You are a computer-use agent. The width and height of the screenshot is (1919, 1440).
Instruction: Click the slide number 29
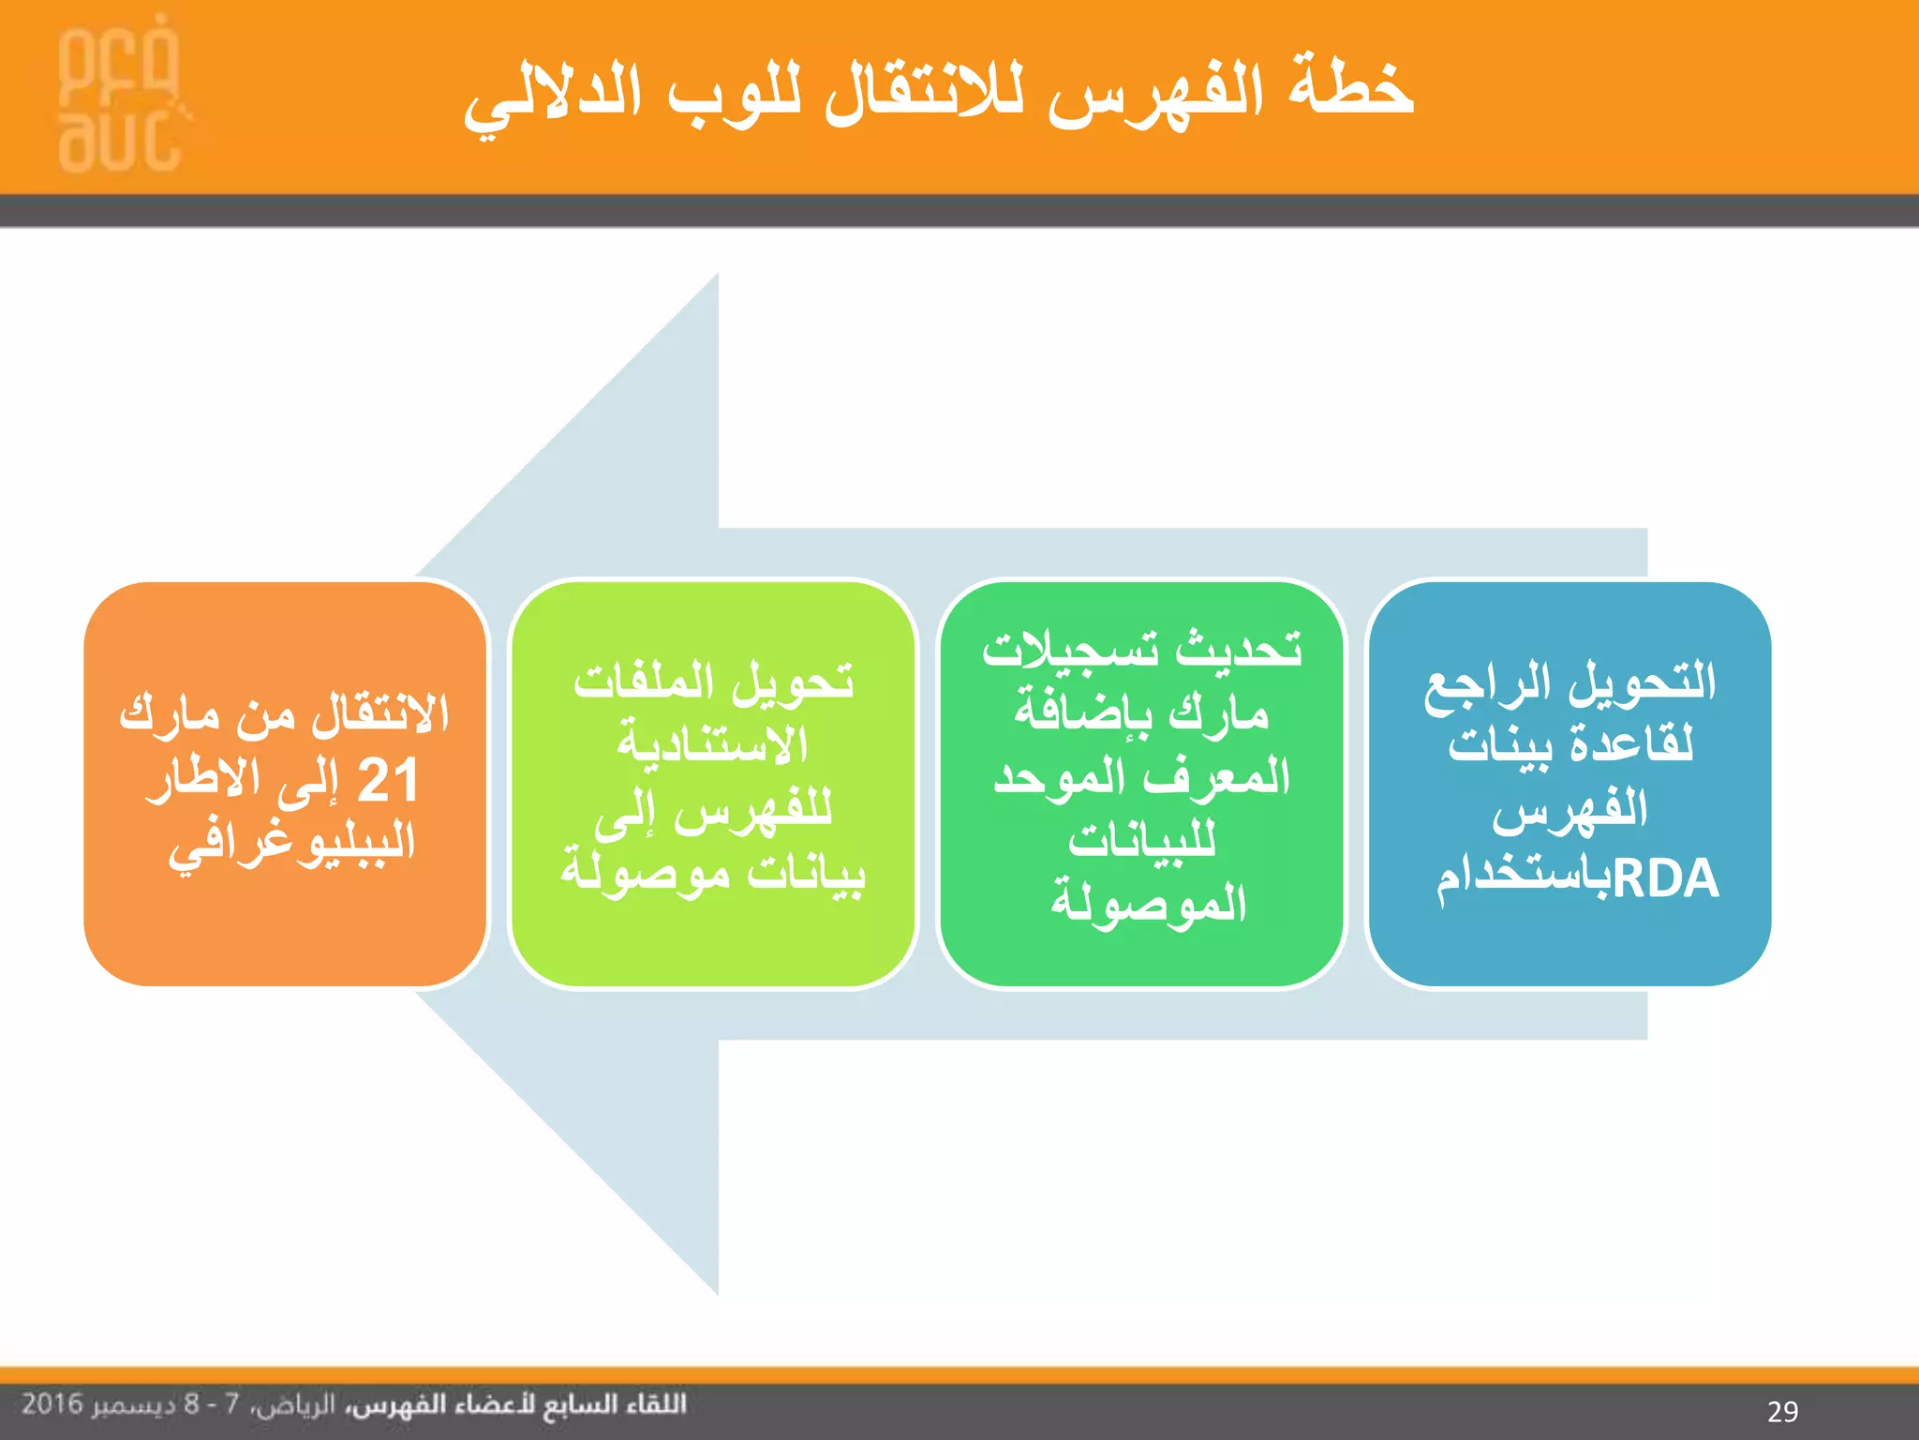(1782, 1411)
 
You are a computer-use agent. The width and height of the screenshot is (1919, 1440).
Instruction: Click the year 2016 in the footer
(52, 1404)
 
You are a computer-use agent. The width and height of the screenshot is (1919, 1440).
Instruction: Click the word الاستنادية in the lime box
(712, 746)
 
